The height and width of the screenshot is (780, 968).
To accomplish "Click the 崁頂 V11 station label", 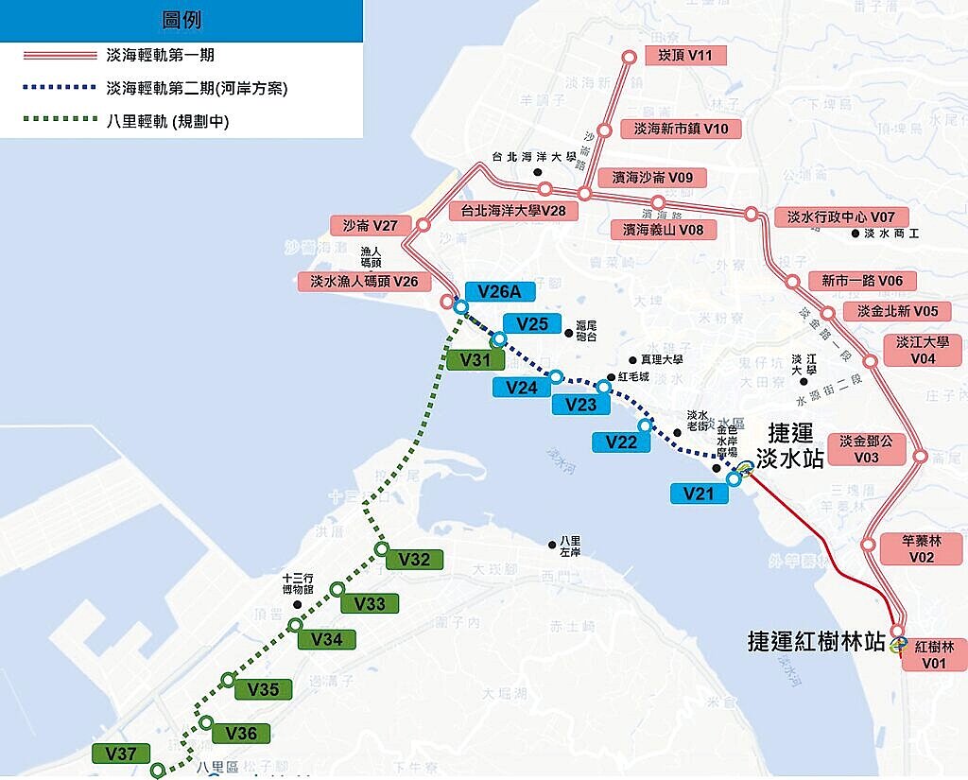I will pos(685,56).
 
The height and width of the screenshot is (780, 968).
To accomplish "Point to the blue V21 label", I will pos(700,493).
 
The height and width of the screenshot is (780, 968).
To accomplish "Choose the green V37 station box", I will pos(121,754).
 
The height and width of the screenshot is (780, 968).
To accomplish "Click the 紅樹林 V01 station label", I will pos(934,654).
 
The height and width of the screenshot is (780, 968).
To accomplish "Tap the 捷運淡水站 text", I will pos(795,446).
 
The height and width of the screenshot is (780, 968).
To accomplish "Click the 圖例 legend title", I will pos(181,20).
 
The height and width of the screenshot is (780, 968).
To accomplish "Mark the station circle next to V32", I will pos(382,549).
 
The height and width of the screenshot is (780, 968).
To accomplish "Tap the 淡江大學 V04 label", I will pos(922,350).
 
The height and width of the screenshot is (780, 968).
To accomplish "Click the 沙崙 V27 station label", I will pos(371,226).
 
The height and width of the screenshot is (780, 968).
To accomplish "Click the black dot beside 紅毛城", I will pos(611,378).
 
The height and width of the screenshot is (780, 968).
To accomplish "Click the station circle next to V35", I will pos(228,680).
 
